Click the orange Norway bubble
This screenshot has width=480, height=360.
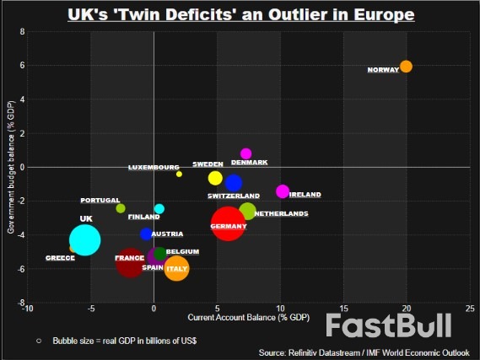(406, 67)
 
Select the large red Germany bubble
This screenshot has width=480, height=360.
(228, 223)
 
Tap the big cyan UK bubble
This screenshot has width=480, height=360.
(84, 239)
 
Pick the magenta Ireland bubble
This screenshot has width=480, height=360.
(283, 192)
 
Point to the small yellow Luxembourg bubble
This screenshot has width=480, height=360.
(179, 174)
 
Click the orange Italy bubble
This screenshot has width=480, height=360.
(176, 269)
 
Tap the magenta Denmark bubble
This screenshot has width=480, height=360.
(245, 153)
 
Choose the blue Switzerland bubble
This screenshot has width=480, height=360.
(233, 183)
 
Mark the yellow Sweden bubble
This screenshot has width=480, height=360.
(215, 178)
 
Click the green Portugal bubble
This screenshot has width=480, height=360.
(120, 208)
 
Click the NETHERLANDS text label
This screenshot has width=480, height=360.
(281, 214)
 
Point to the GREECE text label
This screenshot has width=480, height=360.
(60, 258)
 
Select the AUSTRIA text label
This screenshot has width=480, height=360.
(167, 234)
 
